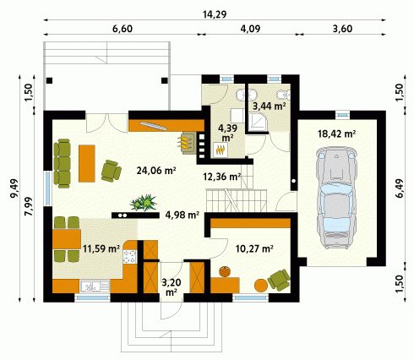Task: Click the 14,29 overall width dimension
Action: [215, 14]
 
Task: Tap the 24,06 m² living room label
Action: [156, 171]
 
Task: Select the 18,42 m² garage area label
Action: [336, 134]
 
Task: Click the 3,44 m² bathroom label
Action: [270, 106]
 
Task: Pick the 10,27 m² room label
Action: [254, 248]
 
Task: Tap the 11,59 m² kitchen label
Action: [101, 248]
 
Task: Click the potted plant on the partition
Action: [143, 202]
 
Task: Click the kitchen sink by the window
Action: [95, 286]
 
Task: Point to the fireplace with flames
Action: [187, 142]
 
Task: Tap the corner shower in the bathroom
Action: [257, 122]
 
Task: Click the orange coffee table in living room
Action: [87, 163]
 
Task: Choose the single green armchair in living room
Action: [112, 171]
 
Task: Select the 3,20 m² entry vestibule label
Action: [172, 287]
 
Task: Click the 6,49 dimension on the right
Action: [400, 188]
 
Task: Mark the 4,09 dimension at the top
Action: [250, 29]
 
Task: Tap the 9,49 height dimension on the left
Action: [14, 188]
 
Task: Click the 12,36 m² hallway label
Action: [222, 177]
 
